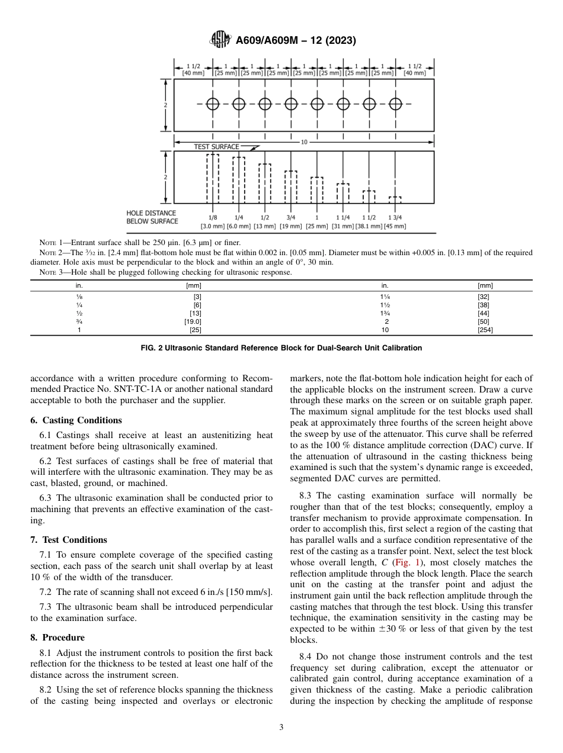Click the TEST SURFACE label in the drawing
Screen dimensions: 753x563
point(217,147)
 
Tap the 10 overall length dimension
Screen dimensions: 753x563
point(304,142)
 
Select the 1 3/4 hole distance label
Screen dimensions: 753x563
point(394,218)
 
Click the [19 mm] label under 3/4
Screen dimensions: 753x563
point(291,226)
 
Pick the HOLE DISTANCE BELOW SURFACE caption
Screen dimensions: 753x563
point(152,217)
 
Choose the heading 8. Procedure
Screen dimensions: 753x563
point(57,638)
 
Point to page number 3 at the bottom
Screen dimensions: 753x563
point(281,728)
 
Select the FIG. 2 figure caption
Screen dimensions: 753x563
point(281,348)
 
